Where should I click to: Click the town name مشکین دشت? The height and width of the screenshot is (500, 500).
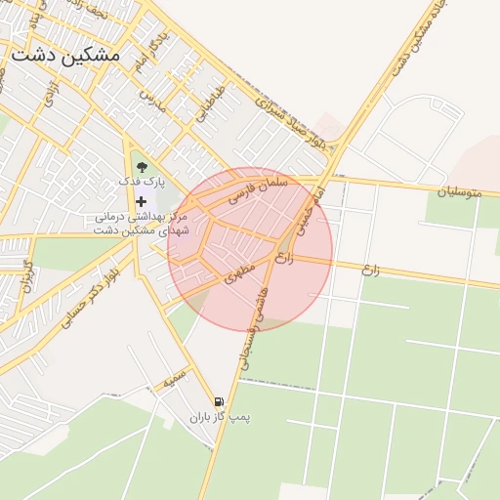(65, 55)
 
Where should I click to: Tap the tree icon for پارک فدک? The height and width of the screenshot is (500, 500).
(143, 166)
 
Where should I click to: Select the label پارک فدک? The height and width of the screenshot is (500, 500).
(143, 182)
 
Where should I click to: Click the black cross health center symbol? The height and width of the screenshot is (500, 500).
(143, 201)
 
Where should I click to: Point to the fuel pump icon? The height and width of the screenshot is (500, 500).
(219, 401)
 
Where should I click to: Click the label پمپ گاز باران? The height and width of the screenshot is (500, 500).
(221, 418)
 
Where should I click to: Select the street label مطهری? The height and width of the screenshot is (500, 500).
(241, 267)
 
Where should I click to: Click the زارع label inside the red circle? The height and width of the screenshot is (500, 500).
(284, 259)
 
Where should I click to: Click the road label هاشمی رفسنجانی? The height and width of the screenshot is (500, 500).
(258, 328)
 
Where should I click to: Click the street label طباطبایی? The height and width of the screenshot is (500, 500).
(210, 104)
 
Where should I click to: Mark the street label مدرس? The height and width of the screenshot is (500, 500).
(147, 99)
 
